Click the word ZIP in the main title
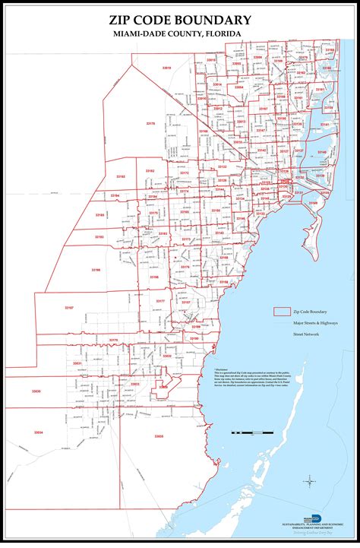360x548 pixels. click(125, 21)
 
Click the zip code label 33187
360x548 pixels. click(69, 307)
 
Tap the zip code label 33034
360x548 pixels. click(39, 432)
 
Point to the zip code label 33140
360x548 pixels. click(321, 152)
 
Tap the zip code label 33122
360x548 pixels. click(222, 166)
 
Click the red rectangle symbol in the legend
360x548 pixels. click(283, 312)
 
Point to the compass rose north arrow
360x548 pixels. click(310, 481)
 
